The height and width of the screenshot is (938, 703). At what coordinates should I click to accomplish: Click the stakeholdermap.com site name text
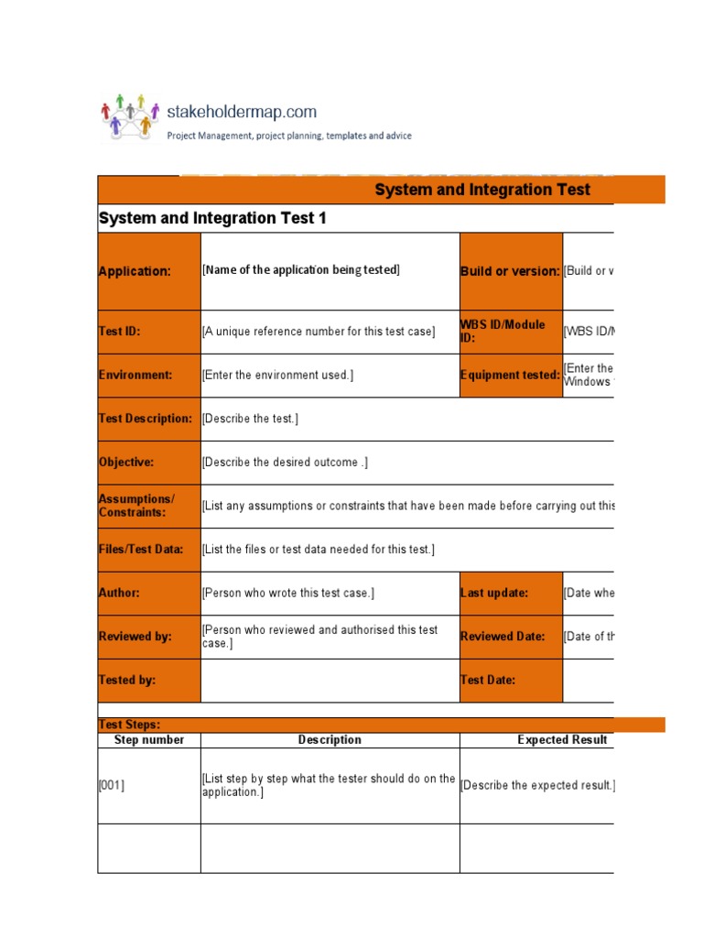point(242,112)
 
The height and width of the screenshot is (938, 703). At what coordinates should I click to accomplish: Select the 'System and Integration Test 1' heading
point(211,218)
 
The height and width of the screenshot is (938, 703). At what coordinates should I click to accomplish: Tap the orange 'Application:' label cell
point(148,271)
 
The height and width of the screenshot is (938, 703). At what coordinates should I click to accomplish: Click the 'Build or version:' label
point(510,271)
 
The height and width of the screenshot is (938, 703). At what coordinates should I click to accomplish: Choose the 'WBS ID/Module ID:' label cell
point(510,331)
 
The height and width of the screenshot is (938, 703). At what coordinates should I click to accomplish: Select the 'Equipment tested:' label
point(510,375)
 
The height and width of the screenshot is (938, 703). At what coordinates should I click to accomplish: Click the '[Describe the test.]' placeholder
point(250,419)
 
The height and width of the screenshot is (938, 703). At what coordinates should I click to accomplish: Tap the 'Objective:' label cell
point(148,462)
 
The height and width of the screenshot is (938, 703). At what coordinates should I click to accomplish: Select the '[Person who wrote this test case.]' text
point(287,593)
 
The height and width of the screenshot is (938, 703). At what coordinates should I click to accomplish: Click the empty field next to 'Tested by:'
point(330,680)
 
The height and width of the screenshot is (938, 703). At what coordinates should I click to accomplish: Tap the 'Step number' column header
point(148,740)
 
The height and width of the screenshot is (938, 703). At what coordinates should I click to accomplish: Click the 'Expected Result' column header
point(562,740)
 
